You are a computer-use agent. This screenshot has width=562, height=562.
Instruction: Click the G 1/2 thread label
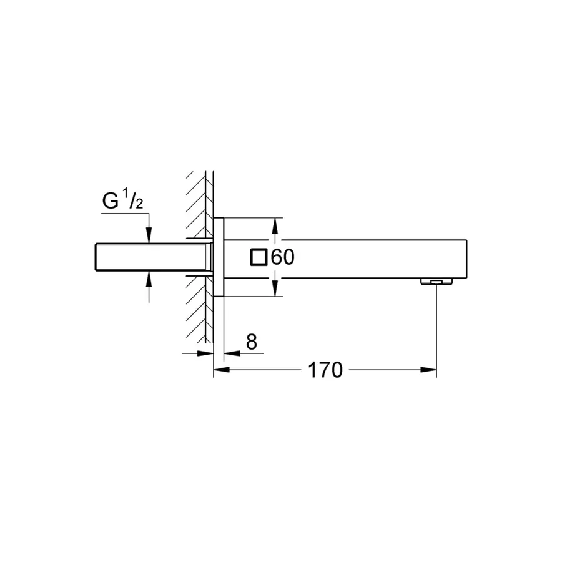[x=123, y=200]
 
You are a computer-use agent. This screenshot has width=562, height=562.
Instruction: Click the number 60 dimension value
[x=283, y=257]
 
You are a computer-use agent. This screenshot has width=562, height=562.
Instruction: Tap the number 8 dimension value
[x=252, y=342]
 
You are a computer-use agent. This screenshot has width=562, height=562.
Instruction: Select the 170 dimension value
[x=325, y=370]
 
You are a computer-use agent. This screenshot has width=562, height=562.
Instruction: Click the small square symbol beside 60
[x=259, y=257]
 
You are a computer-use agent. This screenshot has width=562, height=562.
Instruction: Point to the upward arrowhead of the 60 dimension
[x=275, y=226]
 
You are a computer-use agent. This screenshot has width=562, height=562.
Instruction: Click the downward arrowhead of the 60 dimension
[x=275, y=288]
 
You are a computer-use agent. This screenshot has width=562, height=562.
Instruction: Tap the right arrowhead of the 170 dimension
[x=428, y=370]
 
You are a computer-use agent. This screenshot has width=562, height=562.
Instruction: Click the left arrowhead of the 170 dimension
[x=222, y=370]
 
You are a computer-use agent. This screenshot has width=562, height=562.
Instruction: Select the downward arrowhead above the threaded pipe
[x=149, y=235]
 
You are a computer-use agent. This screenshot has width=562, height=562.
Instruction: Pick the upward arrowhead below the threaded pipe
[x=149, y=279]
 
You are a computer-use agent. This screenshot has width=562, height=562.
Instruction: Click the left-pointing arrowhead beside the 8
[x=232, y=353]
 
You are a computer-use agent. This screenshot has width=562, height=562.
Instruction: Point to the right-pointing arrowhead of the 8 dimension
[x=205, y=353]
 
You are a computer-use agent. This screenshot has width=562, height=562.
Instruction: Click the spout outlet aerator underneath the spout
[x=436, y=282]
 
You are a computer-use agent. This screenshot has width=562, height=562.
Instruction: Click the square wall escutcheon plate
[x=219, y=257]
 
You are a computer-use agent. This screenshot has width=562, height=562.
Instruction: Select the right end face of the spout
[x=466, y=259]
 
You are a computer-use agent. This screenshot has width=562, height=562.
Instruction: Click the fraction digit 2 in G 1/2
[x=139, y=204]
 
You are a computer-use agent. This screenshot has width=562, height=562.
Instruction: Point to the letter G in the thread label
[x=111, y=201]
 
